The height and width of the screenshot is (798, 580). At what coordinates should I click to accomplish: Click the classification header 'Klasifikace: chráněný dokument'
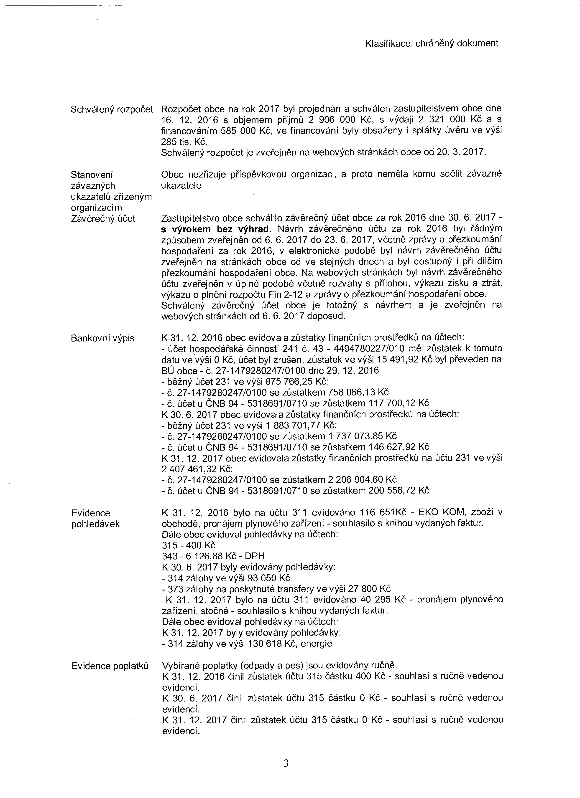click(432, 43)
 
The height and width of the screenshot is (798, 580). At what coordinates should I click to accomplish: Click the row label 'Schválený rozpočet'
click(112, 109)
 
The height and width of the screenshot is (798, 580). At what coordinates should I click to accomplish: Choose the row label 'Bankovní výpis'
click(102, 338)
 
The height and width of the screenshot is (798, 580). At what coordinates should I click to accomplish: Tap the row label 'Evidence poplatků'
click(110, 666)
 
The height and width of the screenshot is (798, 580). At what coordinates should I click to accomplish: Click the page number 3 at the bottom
click(286, 761)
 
